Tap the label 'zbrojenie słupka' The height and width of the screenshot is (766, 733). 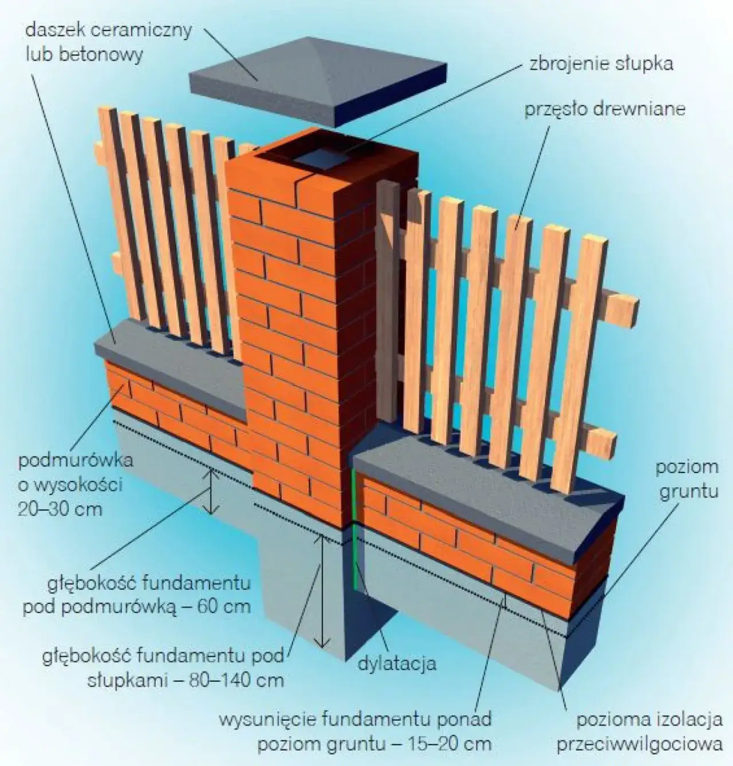[601, 63]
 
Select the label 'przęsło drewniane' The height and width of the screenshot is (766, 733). [605, 109]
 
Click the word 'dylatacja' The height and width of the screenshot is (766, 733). [397, 663]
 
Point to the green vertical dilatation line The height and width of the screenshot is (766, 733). [354, 529]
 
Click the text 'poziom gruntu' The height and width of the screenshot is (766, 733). [687, 479]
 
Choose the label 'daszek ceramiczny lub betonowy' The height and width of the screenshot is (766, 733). [108, 42]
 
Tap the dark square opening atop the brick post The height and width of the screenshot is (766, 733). [321, 158]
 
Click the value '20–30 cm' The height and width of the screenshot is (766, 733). [60, 509]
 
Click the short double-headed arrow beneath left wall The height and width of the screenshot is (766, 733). [211, 491]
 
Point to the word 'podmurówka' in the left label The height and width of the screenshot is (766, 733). [76, 461]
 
